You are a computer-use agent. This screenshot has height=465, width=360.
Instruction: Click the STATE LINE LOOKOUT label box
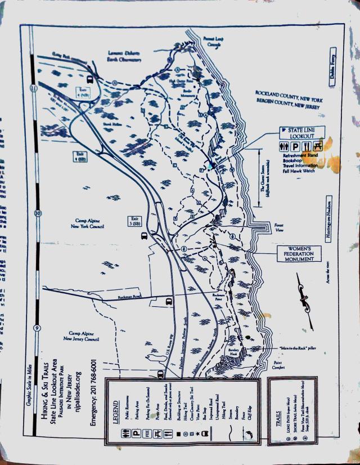point(304,133)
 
